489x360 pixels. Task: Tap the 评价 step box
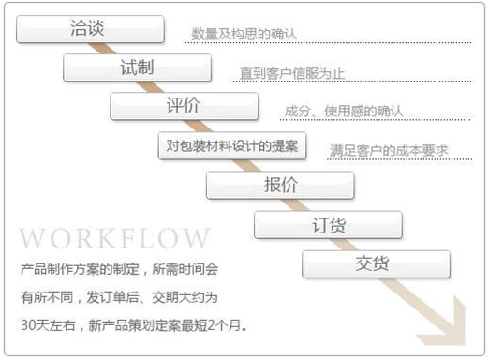pos(184,106)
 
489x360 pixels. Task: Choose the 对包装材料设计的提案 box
pos(231,145)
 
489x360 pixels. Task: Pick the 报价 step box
pos(280,185)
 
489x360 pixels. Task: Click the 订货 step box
pos(328,224)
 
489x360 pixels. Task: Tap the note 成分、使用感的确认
pos(343,112)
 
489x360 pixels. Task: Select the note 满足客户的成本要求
pos(389,150)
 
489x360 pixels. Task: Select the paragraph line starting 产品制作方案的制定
pos(119,268)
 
